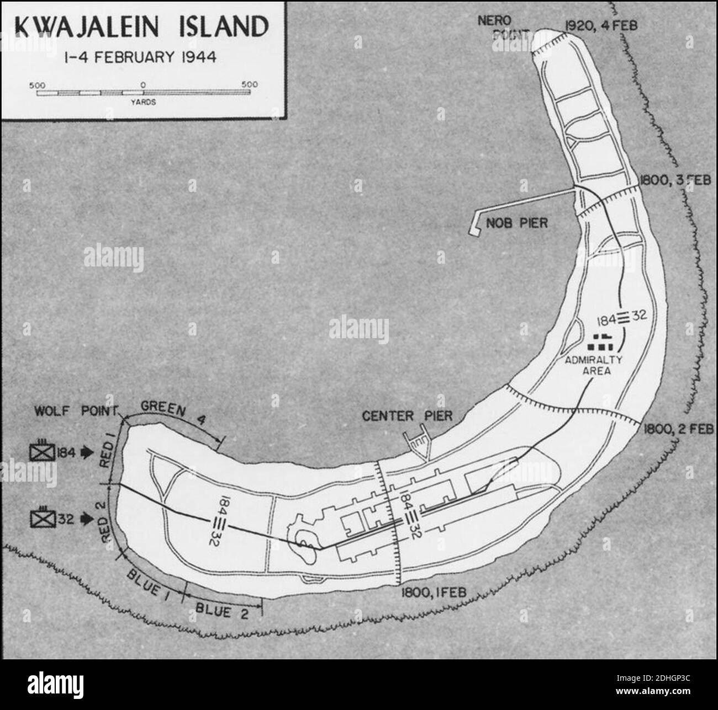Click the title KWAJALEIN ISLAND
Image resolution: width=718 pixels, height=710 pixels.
point(142,26)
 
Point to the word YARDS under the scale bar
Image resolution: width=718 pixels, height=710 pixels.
point(143,102)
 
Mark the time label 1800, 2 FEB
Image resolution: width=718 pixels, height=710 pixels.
point(677,428)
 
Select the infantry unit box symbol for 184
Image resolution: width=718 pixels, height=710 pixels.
point(43,451)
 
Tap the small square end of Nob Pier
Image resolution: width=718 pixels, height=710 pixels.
point(474,231)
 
